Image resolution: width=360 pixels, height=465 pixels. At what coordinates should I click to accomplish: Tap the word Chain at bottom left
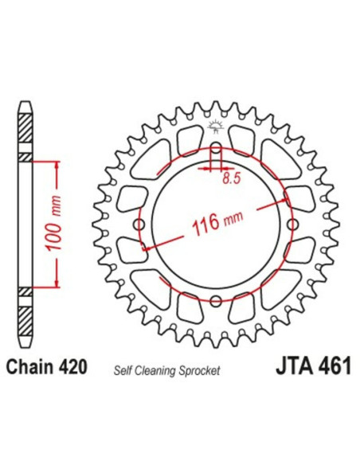tap(33, 369)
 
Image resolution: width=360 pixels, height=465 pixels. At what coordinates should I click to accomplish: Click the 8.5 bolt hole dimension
tap(232, 180)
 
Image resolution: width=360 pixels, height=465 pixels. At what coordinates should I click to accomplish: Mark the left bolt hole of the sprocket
tap(141, 225)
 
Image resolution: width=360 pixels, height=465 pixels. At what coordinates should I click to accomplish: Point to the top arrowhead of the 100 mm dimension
tap(57, 163)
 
